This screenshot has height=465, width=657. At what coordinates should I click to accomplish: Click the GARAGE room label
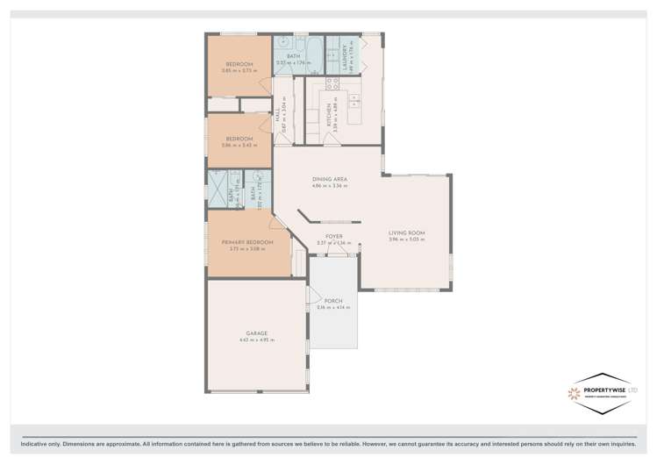pyautogui.click(x=257, y=333)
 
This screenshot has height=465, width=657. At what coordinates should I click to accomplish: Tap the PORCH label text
pyautogui.click(x=332, y=300)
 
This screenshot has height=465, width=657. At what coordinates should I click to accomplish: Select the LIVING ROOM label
pyautogui.click(x=406, y=232)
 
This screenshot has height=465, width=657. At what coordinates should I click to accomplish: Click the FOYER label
pyautogui.click(x=333, y=236)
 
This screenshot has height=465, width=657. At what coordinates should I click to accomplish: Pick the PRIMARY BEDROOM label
pyautogui.click(x=247, y=242)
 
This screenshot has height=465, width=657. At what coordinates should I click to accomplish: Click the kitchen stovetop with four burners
pyautogui.click(x=332, y=84)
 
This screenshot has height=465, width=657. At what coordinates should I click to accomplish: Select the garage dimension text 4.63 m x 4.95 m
pyautogui.click(x=257, y=340)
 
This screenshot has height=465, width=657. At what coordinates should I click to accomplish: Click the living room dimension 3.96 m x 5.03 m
pyautogui.click(x=406, y=240)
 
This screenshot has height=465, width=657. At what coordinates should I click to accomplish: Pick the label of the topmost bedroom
pyautogui.click(x=239, y=64)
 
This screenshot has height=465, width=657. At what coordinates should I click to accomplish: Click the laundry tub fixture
pyautogui.click(x=334, y=55)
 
